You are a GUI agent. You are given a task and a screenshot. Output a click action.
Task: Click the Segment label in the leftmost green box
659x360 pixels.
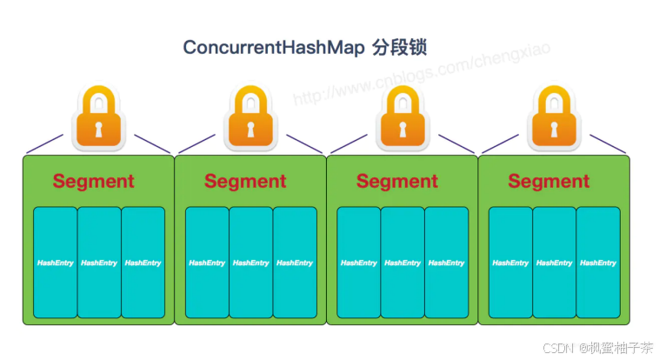click(x=93, y=182)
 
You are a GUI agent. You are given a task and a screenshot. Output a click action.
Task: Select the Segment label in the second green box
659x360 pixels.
click(x=245, y=182)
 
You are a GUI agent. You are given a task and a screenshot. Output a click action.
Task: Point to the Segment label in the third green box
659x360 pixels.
click(x=397, y=182)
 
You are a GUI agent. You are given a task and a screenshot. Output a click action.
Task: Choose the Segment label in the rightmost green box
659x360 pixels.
click(x=549, y=182)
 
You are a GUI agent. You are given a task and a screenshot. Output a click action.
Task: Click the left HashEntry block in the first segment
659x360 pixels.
click(x=55, y=263)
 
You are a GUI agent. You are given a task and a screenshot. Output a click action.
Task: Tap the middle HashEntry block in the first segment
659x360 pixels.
click(x=99, y=263)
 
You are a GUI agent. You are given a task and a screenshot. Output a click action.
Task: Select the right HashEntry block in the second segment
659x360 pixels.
click(x=295, y=263)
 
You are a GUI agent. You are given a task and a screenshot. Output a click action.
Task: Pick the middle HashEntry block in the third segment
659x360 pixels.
click(x=403, y=263)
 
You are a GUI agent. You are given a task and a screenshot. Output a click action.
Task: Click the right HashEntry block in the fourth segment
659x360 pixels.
click(x=598, y=263)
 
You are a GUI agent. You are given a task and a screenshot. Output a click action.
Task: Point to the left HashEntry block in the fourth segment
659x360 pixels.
click(x=510, y=263)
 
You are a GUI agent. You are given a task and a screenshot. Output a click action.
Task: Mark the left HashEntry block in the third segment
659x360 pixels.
click(x=358, y=263)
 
